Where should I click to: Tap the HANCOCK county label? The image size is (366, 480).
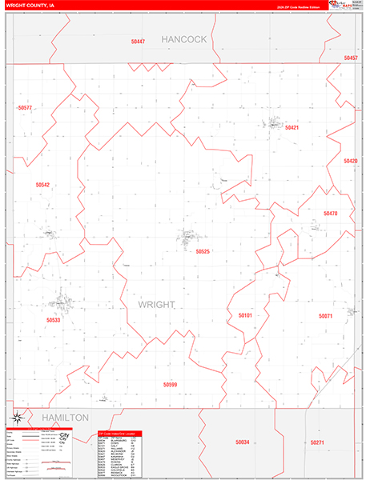tap(183, 39)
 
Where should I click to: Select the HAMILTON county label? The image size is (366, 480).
tap(60, 418)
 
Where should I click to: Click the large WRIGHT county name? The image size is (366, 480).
tap(155, 305)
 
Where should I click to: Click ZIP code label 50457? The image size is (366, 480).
tap(351, 58)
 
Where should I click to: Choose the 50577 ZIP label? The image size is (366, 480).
tap(25, 107)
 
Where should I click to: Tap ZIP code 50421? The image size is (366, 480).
tap(291, 128)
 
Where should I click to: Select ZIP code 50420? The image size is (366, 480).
tap(351, 161)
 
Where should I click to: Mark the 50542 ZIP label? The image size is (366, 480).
tap(42, 185)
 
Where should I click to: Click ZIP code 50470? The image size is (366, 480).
tap(331, 214)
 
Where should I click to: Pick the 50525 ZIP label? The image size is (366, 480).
tap(203, 251)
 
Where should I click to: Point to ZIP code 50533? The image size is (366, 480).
tap(53, 320)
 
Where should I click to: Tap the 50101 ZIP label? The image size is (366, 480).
tap(245, 315)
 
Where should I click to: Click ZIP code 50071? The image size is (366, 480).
tap(325, 316)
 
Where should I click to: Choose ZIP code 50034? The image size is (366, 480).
tap(243, 442)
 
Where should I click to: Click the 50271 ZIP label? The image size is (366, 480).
tap(317, 442)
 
